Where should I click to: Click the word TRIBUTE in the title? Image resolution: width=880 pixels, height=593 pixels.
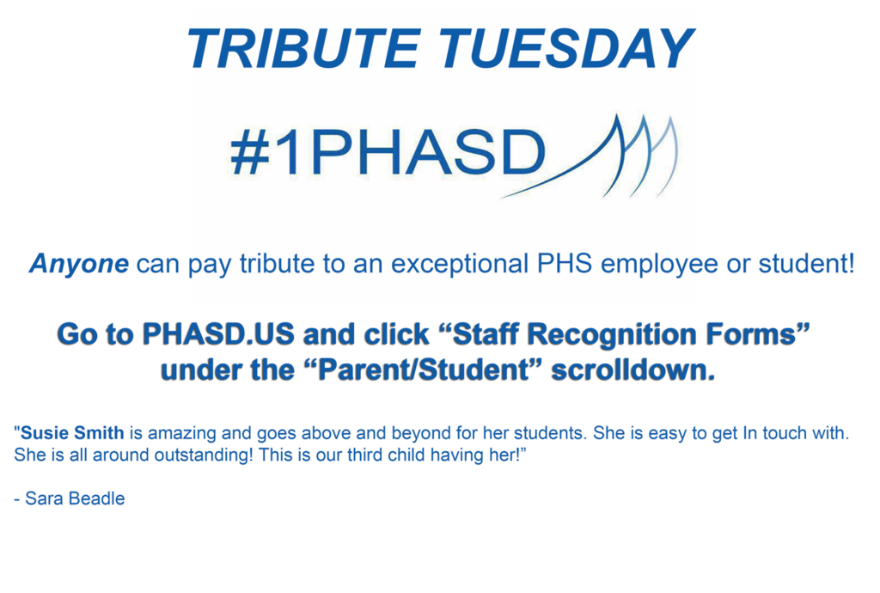click(303, 48)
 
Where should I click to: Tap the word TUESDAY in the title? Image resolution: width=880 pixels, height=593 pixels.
click(565, 48)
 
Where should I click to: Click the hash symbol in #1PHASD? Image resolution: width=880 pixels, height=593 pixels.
click(250, 153)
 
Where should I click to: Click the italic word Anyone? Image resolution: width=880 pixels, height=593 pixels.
click(79, 264)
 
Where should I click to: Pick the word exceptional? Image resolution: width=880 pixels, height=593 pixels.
click(460, 264)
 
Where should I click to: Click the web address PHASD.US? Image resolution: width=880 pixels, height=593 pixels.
click(218, 334)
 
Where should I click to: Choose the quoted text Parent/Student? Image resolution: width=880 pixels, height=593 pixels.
click(425, 370)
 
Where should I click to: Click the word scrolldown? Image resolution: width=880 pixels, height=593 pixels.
click(633, 370)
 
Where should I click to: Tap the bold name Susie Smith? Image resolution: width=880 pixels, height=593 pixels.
click(72, 433)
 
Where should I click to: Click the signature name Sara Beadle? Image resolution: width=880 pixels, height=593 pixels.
click(76, 498)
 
